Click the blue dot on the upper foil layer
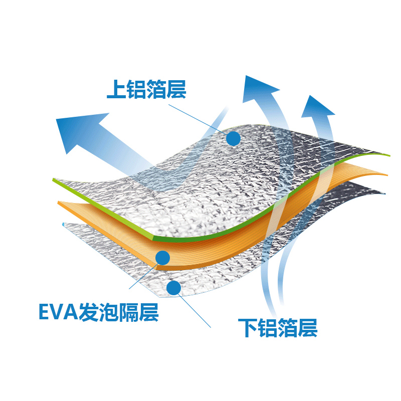pyautogui.click(x=233, y=138)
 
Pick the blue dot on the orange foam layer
pyautogui.click(x=163, y=258)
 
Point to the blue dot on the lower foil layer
pyautogui.click(x=173, y=288)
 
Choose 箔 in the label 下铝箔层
pyautogui.click(x=287, y=328)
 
